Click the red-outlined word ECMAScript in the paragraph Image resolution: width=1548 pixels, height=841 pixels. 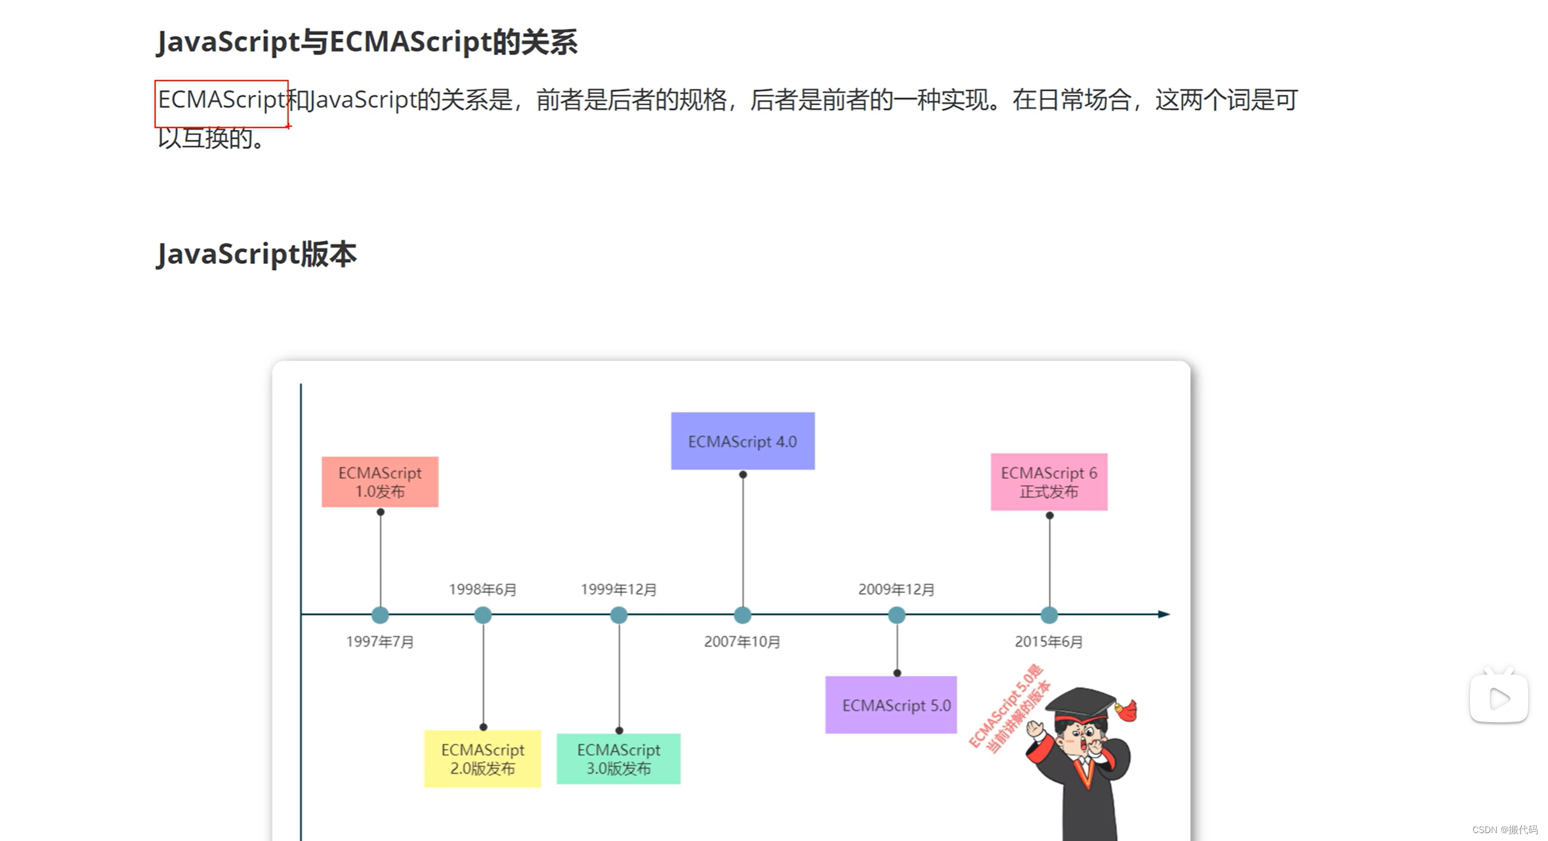point(221,100)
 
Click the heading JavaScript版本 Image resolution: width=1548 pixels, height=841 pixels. point(257,254)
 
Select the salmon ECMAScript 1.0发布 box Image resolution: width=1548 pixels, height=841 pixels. point(380,482)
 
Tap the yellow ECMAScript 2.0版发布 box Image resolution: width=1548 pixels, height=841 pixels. point(482,758)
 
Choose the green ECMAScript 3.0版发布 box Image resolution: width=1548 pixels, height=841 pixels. point(618,758)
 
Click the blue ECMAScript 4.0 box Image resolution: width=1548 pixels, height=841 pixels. point(742,441)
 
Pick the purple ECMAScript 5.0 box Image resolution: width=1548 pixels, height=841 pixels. point(890,705)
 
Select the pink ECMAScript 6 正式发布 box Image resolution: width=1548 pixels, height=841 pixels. point(1049,482)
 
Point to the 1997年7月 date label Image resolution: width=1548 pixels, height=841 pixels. point(380,641)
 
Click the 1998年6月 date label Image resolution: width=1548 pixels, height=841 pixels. point(482,590)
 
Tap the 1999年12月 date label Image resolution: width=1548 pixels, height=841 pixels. point(618,590)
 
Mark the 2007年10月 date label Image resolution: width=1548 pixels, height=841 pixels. point(742,641)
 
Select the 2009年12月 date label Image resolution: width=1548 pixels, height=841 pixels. point(896,590)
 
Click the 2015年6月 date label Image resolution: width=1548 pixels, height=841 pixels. point(1049,641)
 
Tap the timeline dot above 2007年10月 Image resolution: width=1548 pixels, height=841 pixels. point(742,615)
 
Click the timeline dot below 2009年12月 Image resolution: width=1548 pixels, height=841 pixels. point(896,615)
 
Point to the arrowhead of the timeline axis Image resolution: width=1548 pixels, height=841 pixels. point(1163,615)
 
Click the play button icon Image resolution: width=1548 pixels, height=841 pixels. point(1499,698)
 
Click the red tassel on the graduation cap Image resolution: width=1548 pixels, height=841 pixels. point(1127,710)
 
